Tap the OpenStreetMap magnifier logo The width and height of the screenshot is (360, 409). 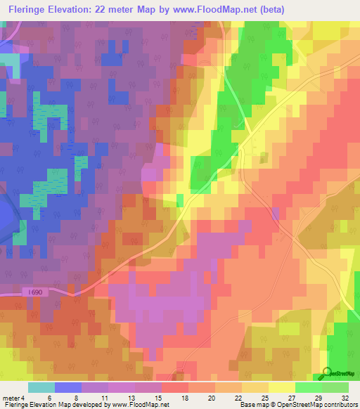[327, 372]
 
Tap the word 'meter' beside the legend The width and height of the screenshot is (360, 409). [11, 397]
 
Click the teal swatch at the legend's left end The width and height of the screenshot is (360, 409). [41, 387]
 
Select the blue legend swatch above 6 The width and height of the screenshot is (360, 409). [67, 387]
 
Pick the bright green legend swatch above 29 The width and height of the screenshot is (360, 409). [308, 387]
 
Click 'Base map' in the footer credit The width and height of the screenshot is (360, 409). [252, 405]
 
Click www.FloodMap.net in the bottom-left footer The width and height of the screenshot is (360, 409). [134, 405]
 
